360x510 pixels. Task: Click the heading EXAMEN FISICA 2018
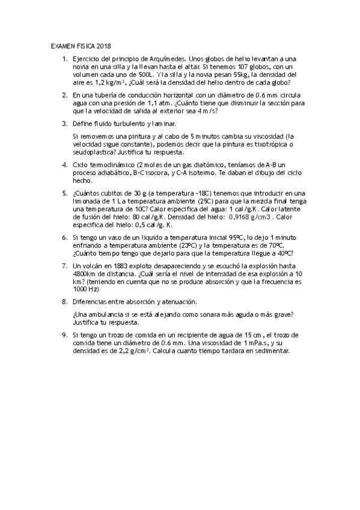click(x=81, y=46)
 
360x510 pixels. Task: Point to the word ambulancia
click(x=106, y=314)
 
